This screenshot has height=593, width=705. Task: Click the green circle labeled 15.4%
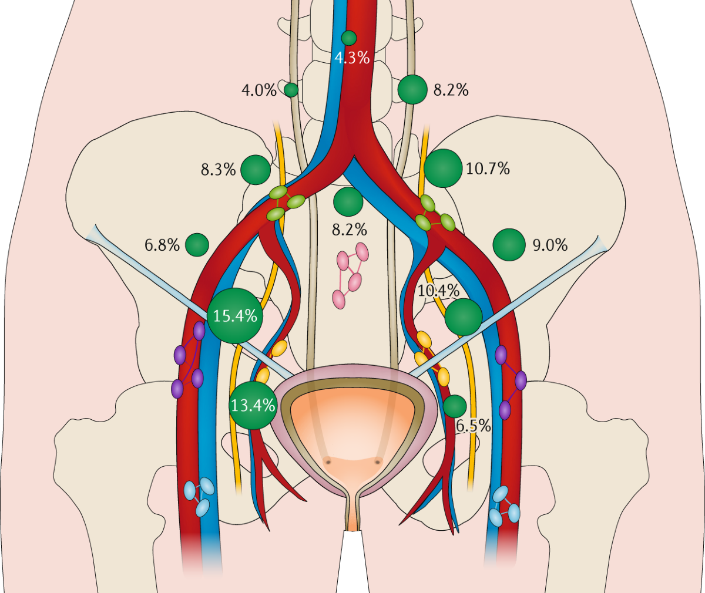coord(235,316)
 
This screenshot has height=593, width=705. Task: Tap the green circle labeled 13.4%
coord(253,405)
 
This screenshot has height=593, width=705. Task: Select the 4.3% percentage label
coord(352,58)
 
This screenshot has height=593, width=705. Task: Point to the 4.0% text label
coord(258,90)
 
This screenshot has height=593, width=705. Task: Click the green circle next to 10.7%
coord(442,169)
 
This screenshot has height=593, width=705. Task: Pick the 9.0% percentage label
coord(550,245)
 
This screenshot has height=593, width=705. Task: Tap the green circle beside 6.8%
coord(197,245)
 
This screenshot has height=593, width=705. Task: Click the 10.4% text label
coord(438,290)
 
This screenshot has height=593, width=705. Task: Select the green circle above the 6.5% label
coord(455,406)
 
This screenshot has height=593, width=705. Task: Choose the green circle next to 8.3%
coord(256,170)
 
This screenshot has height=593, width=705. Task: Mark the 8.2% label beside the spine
coord(451,90)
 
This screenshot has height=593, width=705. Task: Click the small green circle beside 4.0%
coord(291,90)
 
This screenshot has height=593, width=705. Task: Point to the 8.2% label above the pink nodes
coord(349,230)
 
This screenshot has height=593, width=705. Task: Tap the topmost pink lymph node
coord(362,252)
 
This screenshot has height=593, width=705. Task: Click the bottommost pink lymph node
coord(339,299)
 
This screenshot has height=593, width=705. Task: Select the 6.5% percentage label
coord(473,426)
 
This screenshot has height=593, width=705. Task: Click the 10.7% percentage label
coord(488,169)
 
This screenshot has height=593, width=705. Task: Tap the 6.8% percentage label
coord(162,245)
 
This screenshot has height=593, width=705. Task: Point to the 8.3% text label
coord(218,170)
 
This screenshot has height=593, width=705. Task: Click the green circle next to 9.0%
coord(509,245)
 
